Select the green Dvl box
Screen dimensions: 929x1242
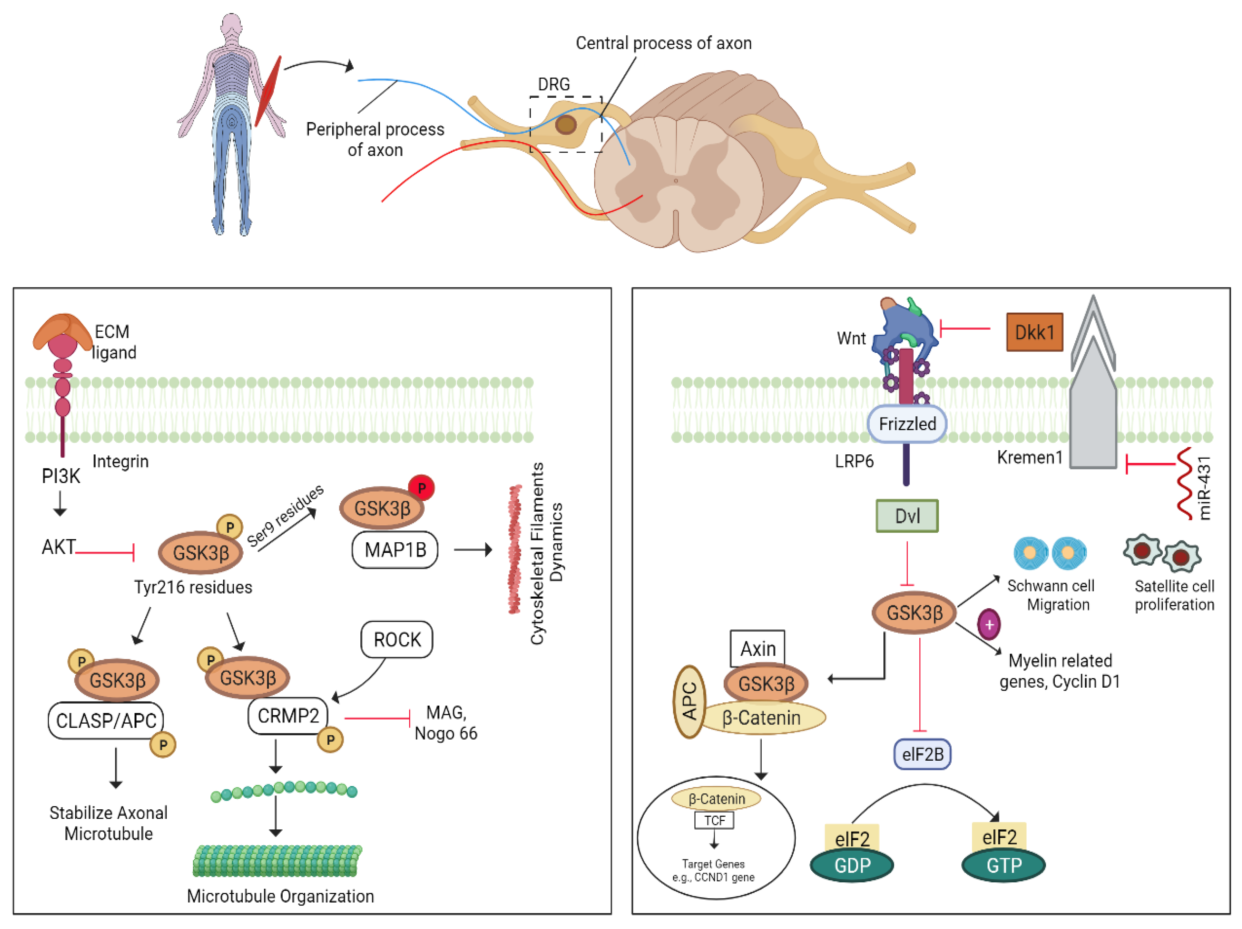907,515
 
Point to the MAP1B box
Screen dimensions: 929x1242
395,549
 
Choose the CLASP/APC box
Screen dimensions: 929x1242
106,720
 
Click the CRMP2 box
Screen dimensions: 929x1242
288,716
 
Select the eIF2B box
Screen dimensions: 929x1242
922,754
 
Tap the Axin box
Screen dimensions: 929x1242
758,648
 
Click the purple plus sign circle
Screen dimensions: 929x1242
989,624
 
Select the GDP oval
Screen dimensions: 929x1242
852,865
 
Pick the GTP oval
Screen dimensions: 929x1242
1003,865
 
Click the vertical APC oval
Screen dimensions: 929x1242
689,701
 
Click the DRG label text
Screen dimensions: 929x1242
554,84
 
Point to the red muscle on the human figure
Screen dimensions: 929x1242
268,91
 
